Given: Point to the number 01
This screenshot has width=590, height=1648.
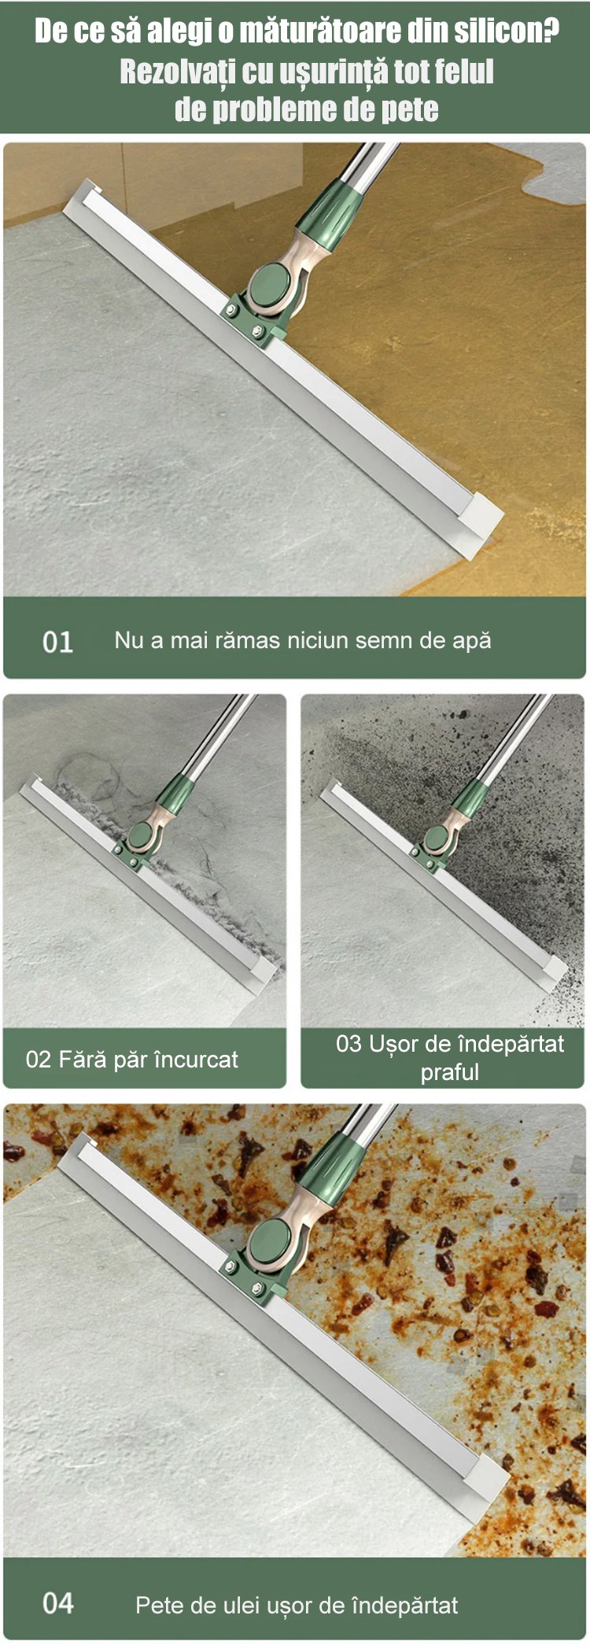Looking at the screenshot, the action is coord(57,642).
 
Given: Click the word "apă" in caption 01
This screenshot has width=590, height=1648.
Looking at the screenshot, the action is coord(471,641).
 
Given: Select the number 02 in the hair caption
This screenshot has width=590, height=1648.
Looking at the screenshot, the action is coord(38,1059).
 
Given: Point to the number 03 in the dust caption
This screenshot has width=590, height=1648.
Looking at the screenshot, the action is coord(348,1044).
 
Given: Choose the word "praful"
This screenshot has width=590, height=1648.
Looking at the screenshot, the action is coord(449,1072).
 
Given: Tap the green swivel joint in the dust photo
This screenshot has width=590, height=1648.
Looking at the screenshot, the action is coord(437,838).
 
